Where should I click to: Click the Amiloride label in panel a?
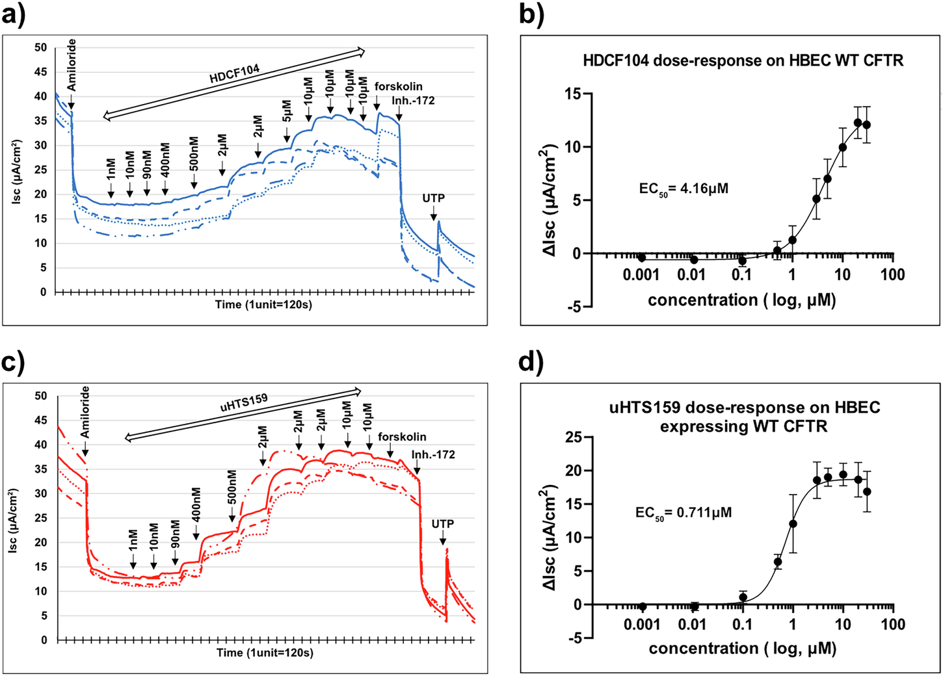point(72,65)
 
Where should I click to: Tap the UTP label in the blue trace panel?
point(434,198)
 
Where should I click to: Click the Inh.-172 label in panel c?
point(434,454)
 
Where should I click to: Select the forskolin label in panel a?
point(399,86)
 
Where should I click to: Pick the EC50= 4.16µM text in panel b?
point(684,190)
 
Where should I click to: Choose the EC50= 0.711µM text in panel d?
point(684,513)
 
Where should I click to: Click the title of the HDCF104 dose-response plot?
point(743,61)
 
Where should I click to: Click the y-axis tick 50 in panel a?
point(41,47)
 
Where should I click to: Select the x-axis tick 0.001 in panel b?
point(641,275)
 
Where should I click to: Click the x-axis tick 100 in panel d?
point(892,625)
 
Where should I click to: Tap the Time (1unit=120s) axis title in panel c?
point(265,653)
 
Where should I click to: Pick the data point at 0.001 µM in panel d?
point(643,606)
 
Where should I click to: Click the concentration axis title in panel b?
point(741,300)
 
